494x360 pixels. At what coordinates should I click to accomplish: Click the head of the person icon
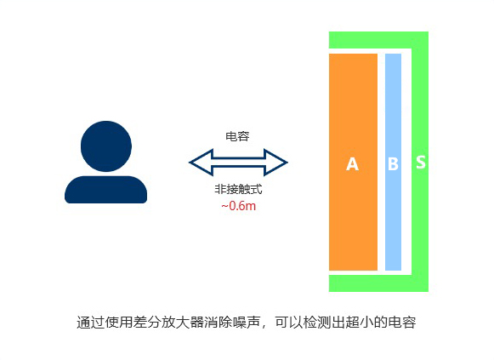[x=105, y=146]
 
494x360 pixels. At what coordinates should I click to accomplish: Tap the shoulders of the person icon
[x=105, y=190]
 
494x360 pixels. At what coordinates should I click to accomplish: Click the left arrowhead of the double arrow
[x=201, y=163]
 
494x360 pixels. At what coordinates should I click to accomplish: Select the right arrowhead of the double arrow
[x=275, y=163]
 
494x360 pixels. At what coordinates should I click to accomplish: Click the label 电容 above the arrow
[x=237, y=136]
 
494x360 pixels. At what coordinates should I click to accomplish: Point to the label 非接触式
[x=238, y=189]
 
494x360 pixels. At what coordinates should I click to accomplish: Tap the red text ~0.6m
[x=238, y=206]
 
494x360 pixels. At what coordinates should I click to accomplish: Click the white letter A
[x=352, y=164]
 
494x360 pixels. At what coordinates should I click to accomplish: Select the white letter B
[x=393, y=164]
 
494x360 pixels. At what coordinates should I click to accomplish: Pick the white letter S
[x=421, y=162]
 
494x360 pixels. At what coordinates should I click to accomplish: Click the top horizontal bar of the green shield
[x=378, y=40]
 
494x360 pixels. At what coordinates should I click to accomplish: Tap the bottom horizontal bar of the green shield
[x=378, y=283]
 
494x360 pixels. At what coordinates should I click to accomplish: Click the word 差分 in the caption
[x=147, y=323]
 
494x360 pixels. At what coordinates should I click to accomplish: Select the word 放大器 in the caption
[x=182, y=323]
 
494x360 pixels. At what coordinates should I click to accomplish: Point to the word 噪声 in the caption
[x=246, y=323]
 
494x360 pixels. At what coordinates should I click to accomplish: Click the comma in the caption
[x=264, y=327]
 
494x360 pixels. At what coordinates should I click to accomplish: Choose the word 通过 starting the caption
[x=90, y=323]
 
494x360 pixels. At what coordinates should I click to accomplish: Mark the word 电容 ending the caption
[x=401, y=323]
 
